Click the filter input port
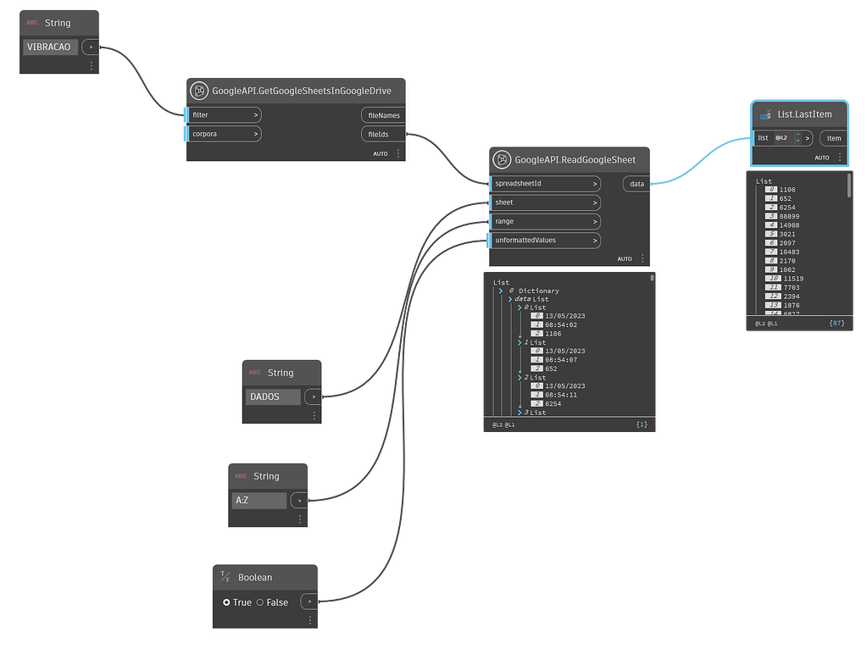(x=225, y=114)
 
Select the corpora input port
(x=225, y=134)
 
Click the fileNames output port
(x=383, y=115)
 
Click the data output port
(x=636, y=183)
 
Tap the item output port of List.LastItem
(x=834, y=138)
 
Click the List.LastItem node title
(x=804, y=114)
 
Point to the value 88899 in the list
(x=787, y=216)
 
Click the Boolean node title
(x=255, y=578)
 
